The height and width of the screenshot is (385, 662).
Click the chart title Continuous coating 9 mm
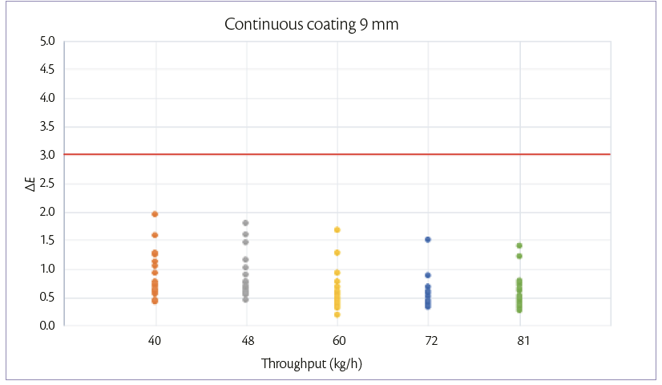pyautogui.click(x=311, y=24)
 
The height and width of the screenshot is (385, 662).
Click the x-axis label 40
pyautogui.click(x=155, y=341)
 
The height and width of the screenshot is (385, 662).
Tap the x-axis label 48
pyautogui.click(x=246, y=341)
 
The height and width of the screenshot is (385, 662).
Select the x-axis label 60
pyautogui.click(x=337, y=341)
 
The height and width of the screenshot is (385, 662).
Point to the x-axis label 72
pyautogui.click(x=428, y=341)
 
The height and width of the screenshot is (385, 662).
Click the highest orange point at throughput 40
pyautogui.click(x=155, y=214)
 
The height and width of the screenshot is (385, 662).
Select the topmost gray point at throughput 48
pyautogui.click(x=246, y=223)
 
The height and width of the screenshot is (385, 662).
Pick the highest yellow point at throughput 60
pyautogui.click(x=337, y=229)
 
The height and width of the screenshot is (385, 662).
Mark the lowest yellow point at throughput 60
pyautogui.click(x=337, y=314)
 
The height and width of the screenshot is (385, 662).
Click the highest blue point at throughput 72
pyautogui.click(x=428, y=240)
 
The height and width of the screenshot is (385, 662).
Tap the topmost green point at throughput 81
pyautogui.click(x=519, y=245)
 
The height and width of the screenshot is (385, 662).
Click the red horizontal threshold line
pyautogui.click(x=337, y=154)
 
